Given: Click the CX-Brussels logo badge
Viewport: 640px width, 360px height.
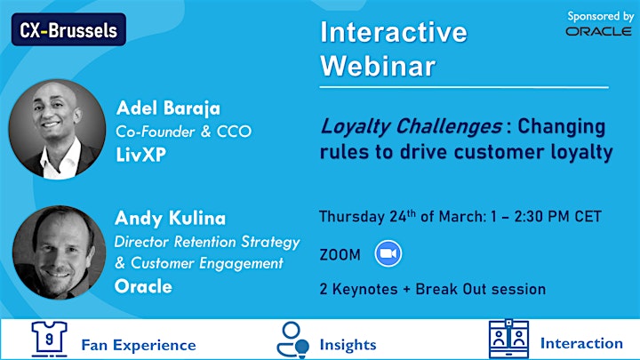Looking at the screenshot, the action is [x=68, y=29].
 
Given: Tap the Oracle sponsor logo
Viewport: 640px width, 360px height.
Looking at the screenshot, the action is [x=598, y=31].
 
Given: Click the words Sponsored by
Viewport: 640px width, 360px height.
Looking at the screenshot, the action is [x=600, y=16].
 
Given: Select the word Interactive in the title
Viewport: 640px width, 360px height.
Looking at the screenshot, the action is [x=394, y=32].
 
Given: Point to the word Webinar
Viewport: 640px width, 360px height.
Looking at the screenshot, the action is [x=378, y=66].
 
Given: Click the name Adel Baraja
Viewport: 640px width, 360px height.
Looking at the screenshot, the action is [x=168, y=108].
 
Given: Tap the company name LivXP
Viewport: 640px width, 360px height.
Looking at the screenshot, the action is [x=141, y=155].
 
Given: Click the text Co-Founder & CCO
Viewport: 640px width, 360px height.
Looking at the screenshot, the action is [x=184, y=132].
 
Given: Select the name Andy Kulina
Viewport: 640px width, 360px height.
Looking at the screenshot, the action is [x=170, y=219].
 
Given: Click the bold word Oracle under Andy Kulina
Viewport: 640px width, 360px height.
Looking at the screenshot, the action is [x=143, y=286].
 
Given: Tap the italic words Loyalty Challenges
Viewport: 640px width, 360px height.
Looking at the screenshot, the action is [x=411, y=126].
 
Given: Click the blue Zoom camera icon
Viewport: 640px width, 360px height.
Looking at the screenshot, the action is [x=388, y=254].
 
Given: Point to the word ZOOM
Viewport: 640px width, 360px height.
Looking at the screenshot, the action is [x=340, y=255].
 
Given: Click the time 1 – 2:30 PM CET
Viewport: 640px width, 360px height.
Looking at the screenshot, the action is [x=546, y=216].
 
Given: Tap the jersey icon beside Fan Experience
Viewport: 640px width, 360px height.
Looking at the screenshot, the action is [x=50, y=339].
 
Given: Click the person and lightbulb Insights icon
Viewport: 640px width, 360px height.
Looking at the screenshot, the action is [x=292, y=340].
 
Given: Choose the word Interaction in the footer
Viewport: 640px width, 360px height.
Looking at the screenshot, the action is [x=581, y=344].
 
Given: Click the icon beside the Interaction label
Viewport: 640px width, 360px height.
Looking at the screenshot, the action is [x=509, y=339].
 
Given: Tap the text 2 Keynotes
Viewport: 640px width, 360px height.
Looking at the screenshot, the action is [x=358, y=290].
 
